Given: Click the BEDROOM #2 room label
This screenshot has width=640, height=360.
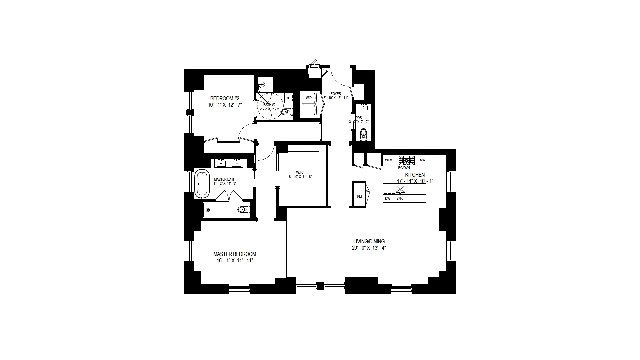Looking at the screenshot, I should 225,98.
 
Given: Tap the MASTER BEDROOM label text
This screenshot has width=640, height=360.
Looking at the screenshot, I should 235,254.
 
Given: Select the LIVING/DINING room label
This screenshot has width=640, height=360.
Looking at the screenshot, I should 369,241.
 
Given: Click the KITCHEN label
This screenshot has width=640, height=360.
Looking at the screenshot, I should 415,175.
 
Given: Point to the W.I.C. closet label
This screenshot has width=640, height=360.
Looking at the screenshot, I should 300,172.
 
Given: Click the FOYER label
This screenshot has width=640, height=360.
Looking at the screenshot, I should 336,94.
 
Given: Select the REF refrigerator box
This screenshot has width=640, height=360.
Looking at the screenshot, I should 360,196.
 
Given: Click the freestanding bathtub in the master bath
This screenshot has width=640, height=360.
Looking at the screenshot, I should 202,184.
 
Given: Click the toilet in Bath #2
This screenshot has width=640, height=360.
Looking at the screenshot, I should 286,111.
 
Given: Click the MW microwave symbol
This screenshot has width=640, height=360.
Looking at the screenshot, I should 423,160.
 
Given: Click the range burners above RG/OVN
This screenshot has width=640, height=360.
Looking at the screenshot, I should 407,160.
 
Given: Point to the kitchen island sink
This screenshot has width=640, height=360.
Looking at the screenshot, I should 400,189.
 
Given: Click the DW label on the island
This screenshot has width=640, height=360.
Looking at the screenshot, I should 388,198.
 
